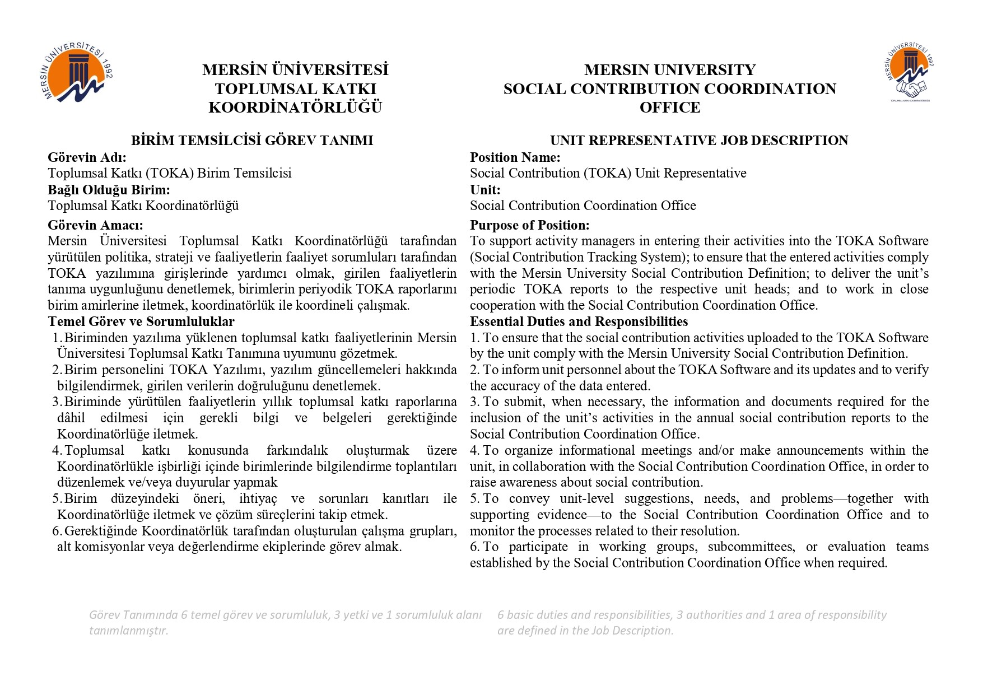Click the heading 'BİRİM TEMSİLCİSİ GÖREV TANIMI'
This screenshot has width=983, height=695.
coord(252,141)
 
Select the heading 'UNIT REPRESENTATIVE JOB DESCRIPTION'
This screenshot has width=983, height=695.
coord(699,141)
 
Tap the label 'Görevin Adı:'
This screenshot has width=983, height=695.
coord(87,157)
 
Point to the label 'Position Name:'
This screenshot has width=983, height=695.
coord(515,157)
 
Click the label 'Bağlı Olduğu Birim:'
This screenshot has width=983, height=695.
coord(109,189)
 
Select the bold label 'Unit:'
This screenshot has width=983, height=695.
coord(485,189)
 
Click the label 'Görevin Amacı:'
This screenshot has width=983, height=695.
coord(95,225)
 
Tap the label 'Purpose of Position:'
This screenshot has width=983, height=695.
coord(529,225)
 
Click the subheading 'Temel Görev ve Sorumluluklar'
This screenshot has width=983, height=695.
coord(141,321)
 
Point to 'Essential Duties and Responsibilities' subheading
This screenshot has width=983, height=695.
coord(579,321)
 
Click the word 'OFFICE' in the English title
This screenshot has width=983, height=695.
coord(670,108)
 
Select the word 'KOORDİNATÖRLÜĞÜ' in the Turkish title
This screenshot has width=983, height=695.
coord(295,108)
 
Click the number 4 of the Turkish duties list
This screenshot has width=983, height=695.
coord(56,450)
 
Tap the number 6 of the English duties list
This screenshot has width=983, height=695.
coord(474,547)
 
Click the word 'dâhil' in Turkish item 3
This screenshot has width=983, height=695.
coord(71,418)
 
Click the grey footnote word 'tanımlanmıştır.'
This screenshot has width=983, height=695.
coord(129,631)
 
